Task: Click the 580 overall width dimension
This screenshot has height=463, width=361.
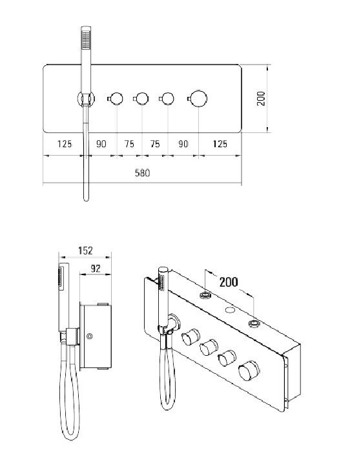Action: (x=142, y=173)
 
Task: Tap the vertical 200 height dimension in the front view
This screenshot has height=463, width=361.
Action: (x=261, y=99)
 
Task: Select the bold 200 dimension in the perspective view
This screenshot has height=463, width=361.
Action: (x=229, y=282)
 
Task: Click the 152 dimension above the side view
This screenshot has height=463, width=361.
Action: (x=85, y=251)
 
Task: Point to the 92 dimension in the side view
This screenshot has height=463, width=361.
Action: (x=96, y=269)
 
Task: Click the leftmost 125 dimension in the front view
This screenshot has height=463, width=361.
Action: (x=65, y=144)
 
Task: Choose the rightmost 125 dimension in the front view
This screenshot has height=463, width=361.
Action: (x=220, y=144)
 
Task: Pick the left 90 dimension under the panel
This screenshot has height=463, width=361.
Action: (x=101, y=144)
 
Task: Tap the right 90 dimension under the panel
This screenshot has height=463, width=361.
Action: (x=183, y=144)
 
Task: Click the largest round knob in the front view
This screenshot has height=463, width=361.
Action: (x=198, y=99)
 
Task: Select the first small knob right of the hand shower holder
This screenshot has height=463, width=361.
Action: (x=116, y=99)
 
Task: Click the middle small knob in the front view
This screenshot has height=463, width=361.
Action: (x=141, y=99)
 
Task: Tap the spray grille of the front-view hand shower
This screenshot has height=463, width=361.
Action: (x=86, y=40)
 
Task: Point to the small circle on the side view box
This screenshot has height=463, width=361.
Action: (x=90, y=336)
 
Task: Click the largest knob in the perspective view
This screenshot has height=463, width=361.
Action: (x=249, y=370)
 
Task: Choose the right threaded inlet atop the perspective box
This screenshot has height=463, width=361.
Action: (x=254, y=324)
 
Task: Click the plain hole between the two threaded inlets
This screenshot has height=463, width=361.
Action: (x=230, y=310)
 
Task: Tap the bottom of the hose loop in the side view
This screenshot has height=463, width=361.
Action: (x=71, y=438)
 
